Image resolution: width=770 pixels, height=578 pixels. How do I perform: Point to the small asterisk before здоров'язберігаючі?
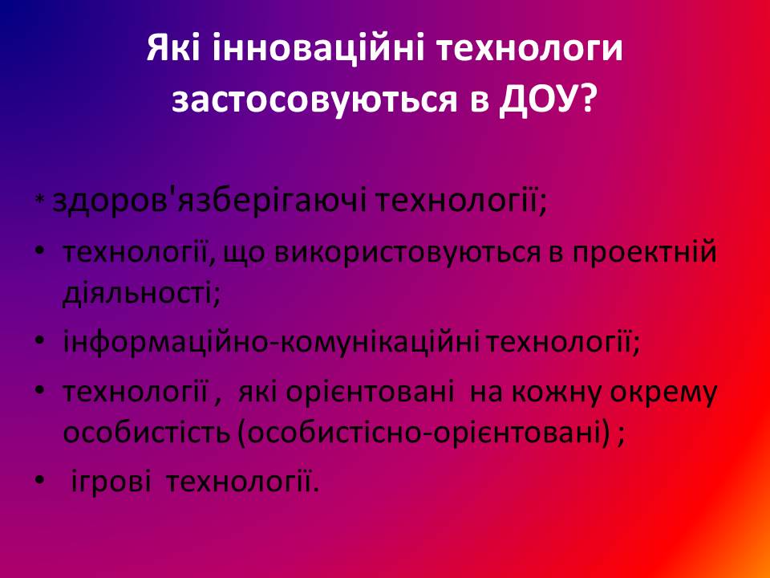click(40, 201)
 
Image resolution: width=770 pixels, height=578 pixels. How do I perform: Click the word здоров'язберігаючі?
click(209, 201)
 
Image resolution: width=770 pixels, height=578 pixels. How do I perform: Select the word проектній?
click(645, 253)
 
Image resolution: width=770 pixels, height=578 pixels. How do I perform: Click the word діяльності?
click(141, 293)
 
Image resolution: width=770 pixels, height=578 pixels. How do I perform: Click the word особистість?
click(147, 433)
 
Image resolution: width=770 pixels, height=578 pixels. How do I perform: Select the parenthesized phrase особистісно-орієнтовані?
click(424, 434)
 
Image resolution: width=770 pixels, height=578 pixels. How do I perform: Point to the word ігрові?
click(111, 482)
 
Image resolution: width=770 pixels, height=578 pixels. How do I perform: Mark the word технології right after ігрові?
click(242, 480)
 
